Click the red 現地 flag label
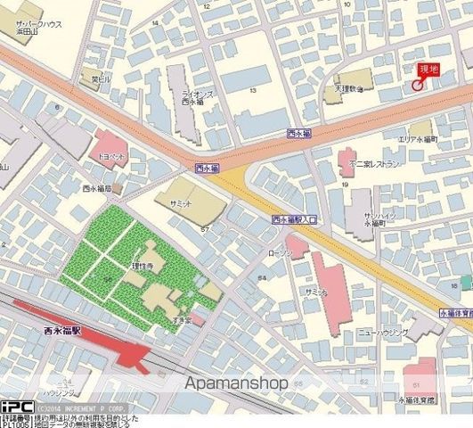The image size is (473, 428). [429, 70]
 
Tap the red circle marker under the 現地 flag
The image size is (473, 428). [417, 85]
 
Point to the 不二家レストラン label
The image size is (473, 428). [373, 165]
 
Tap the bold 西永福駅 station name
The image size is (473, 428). [62, 331]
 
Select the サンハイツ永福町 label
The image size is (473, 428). [379, 220]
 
